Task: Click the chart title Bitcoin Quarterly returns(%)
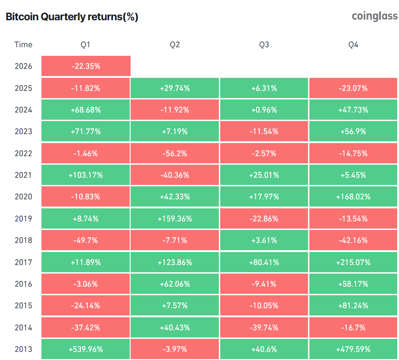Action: click(x=72, y=17)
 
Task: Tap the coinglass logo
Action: click(x=374, y=16)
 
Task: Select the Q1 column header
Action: click(x=86, y=45)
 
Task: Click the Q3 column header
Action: click(x=264, y=45)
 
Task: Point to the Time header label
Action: click(x=23, y=45)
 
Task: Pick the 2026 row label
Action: click(x=23, y=66)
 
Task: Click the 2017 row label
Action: click(x=23, y=262)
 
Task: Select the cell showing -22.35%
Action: click(x=86, y=66)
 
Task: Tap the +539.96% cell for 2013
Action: click(x=86, y=349)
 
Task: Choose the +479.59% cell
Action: click(x=354, y=349)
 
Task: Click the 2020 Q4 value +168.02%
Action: click(x=354, y=197)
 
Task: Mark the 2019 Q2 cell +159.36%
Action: click(x=175, y=219)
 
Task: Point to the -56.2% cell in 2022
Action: click(x=175, y=153)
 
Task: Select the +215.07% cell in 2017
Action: click(x=354, y=262)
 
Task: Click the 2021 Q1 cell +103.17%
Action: click(x=86, y=175)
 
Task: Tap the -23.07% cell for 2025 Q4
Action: click(x=354, y=88)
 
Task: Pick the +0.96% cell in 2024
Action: click(x=264, y=110)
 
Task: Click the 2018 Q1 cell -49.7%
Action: click(x=86, y=240)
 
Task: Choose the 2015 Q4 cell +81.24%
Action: click(x=354, y=306)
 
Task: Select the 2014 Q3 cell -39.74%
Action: click(x=264, y=328)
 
